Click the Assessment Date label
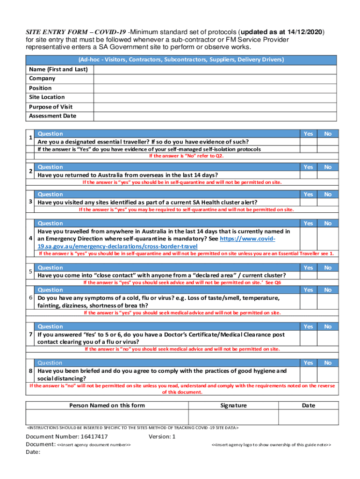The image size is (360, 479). [52, 116]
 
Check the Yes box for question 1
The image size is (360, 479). [308, 142]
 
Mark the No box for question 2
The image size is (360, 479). [328, 175]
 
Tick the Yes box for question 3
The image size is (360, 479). [308, 202]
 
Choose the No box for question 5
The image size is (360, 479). [328, 276]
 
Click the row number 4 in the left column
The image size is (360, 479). [30, 239]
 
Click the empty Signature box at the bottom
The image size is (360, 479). [233, 417]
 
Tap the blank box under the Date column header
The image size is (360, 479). [308, 417]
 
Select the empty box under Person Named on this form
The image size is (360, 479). [107, 417]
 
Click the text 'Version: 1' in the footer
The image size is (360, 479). [162, 436]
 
